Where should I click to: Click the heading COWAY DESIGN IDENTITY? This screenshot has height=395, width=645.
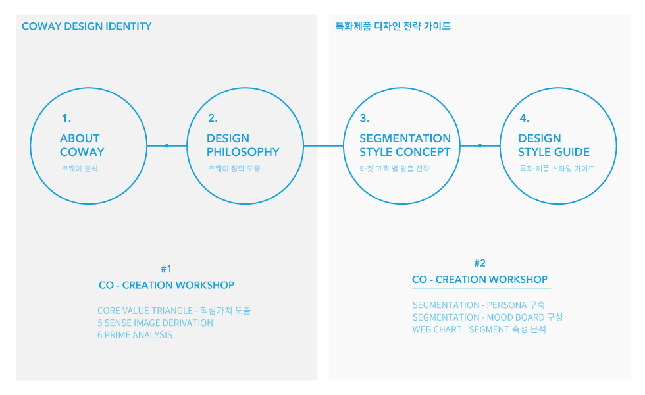(x=86, y=26)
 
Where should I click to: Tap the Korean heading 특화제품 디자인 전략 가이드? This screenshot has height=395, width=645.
(x=393, y=26)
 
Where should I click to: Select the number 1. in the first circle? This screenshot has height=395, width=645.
(x=66, y=118)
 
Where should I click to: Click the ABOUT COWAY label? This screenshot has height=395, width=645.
(x=82, y=145)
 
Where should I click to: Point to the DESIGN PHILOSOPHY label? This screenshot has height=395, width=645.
(x=243, y=145)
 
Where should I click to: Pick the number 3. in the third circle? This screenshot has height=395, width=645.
(x=365, y=118)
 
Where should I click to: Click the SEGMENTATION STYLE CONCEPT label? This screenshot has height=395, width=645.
(x=405, y=145)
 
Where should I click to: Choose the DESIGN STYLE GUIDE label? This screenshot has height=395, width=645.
(x=554, y=145)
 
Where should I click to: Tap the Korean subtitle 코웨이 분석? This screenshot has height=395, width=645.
(x=80, y=169)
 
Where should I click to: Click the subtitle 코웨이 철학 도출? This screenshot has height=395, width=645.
(x=234, y=169)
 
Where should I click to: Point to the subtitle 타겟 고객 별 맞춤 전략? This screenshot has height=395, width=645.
(x=394, y=169)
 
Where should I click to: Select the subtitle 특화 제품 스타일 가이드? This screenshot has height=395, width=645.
(x=557, y=169)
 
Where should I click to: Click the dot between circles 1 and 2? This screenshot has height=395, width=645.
(x=167, y=145)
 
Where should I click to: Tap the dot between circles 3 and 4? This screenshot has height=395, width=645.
(x=480, y=145)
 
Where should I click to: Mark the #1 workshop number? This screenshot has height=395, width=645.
(x=166, y=269)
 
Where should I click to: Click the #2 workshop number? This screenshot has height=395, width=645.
(x=480, y=263)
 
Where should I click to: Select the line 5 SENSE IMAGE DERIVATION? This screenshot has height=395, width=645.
(x=155, y=323)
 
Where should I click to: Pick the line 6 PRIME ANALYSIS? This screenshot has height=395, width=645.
(x=135, y=335)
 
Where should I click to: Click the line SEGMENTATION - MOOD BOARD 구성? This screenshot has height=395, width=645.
(x=488, y=317)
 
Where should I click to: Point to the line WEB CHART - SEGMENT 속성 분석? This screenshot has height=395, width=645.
(x=479, y=330)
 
